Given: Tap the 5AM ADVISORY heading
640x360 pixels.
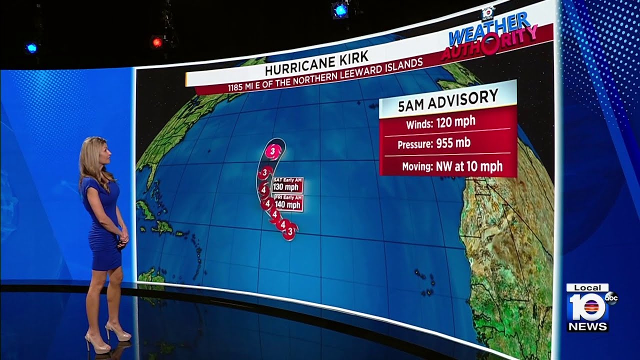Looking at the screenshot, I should click(x=447, y=98).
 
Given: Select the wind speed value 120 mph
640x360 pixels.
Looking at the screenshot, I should click(x=455, y=121).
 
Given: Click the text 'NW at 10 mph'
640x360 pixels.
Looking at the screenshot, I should click(x=468, y=166).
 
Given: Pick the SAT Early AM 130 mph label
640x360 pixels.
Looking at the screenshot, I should click(x=287, y=185).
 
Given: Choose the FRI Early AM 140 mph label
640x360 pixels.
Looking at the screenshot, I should click(x=287, y=202).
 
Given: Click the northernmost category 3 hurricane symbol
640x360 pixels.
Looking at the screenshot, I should click(x=272, y=150).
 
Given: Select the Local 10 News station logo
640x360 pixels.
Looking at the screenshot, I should click(x=587, y=307).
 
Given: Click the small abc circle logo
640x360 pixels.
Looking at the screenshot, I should click(x=611, y=298).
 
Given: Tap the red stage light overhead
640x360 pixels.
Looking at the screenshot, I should click(x=157, y=42).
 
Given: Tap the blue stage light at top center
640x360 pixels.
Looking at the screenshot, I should click(x=340, y=10).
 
